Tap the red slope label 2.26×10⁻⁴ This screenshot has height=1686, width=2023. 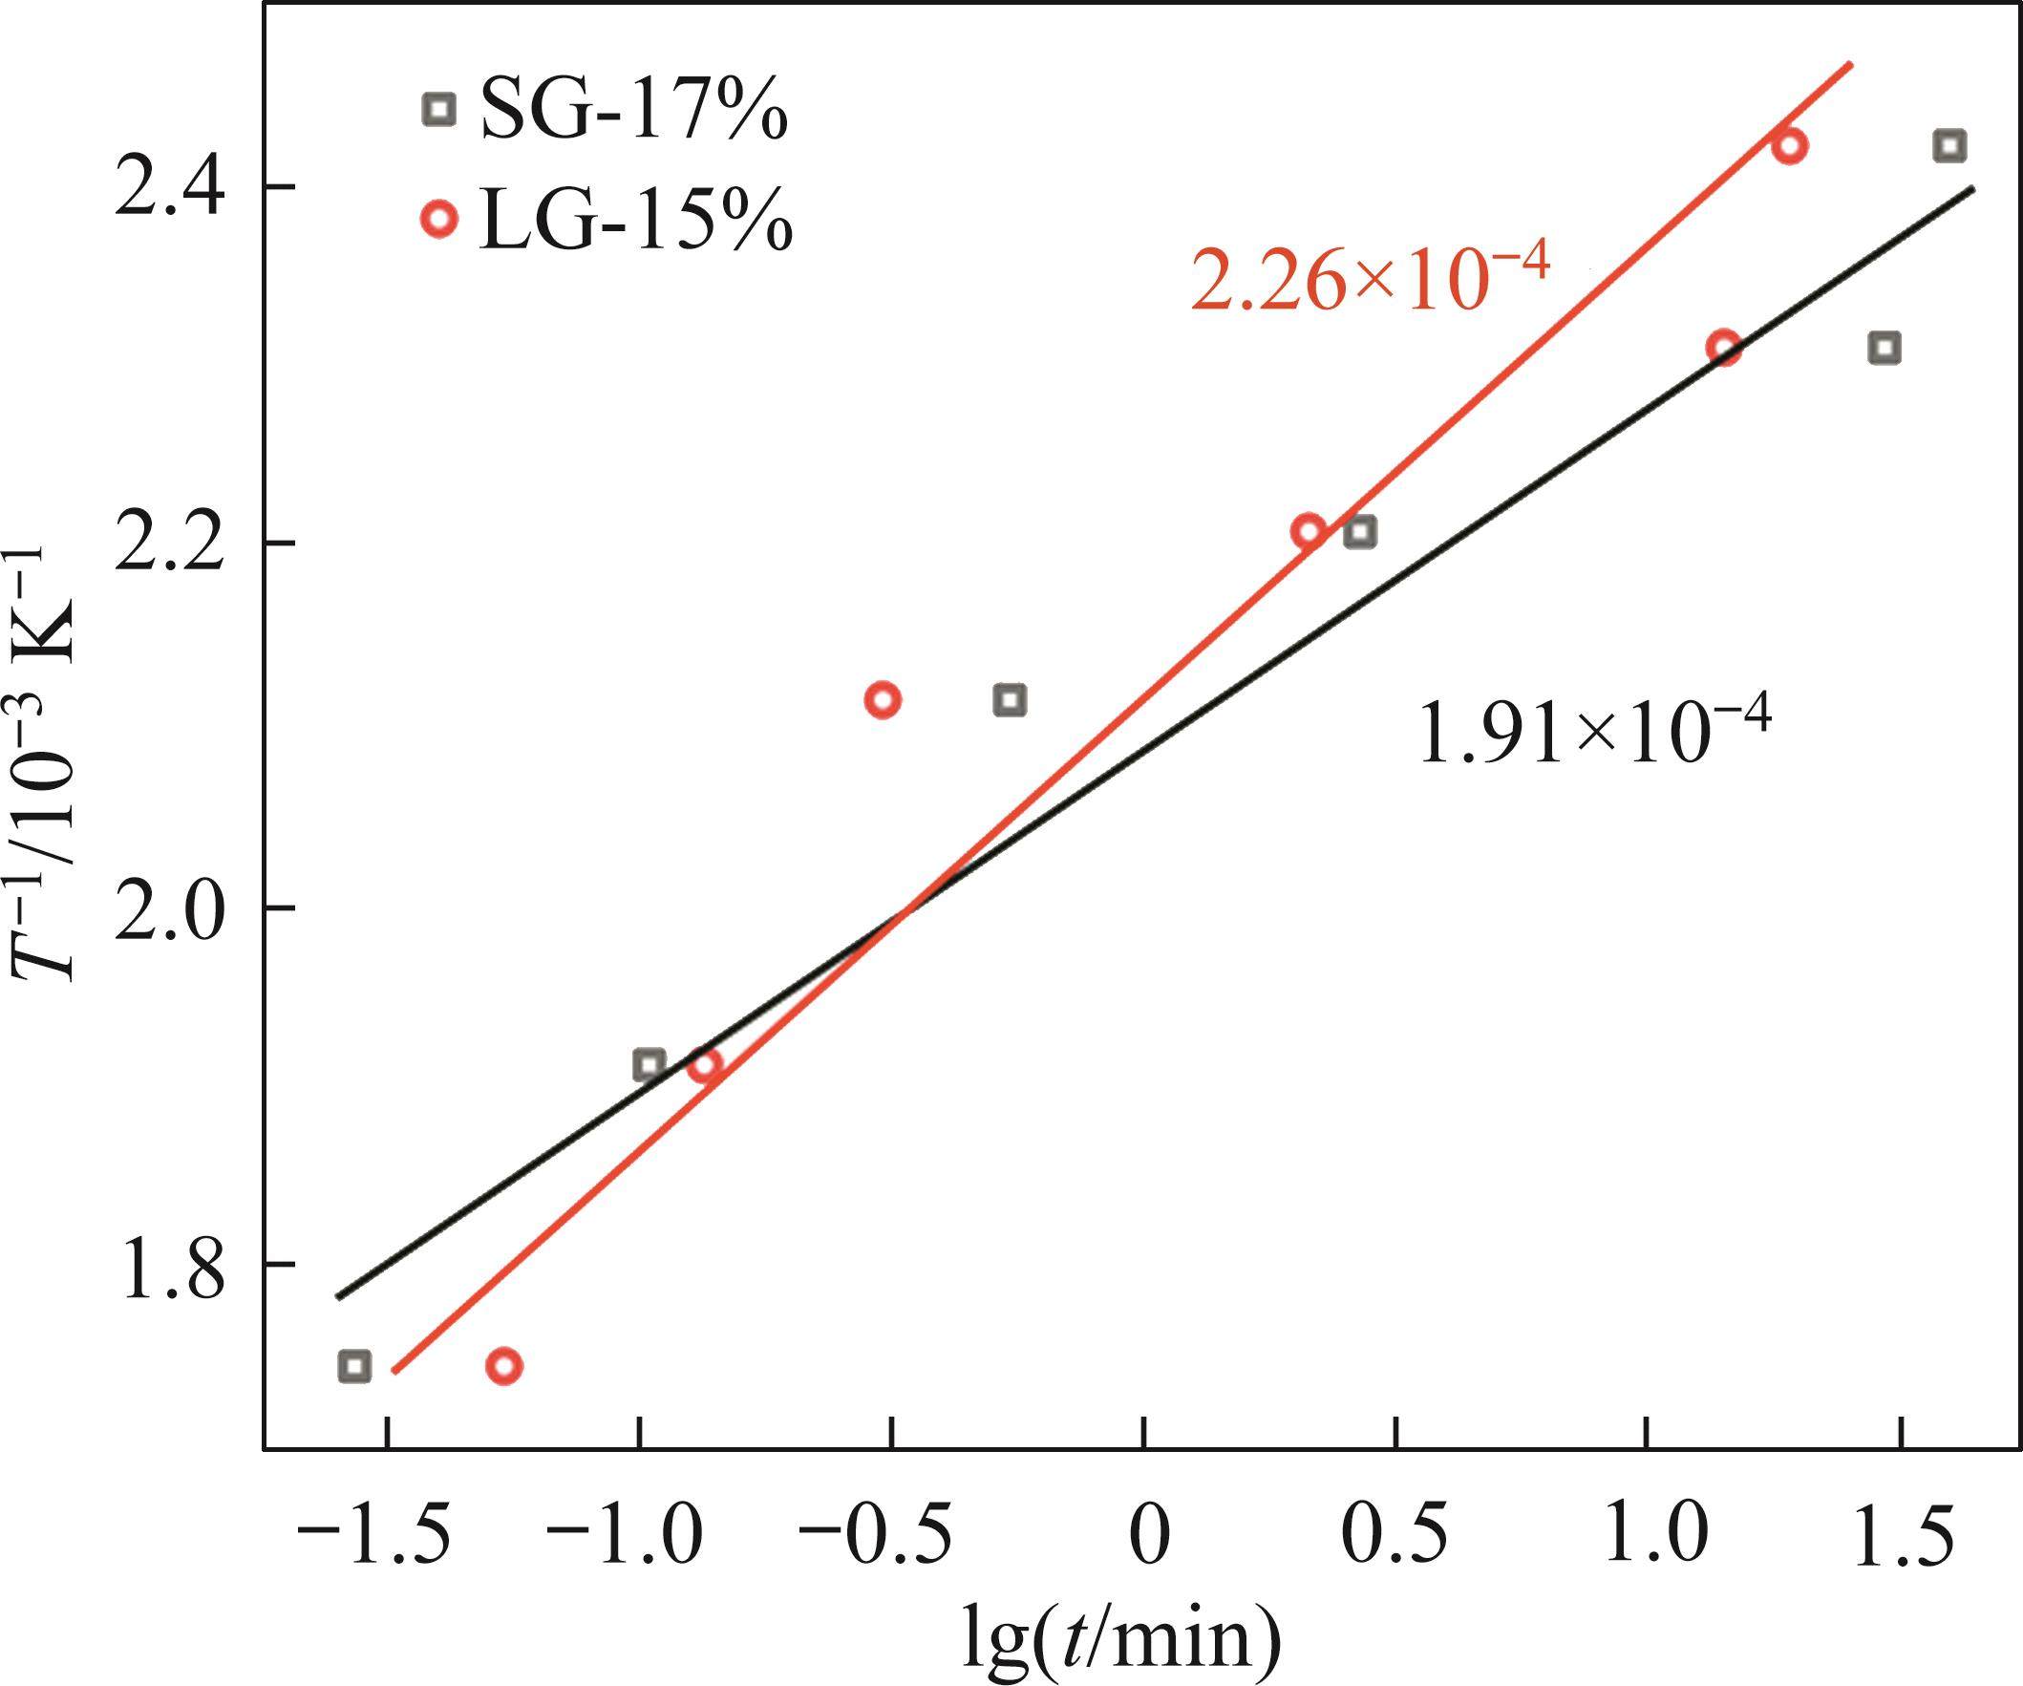tap(1370, 279)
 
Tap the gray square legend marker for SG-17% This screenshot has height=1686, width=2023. tap(439, 109)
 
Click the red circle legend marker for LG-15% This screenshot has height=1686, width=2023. tap(439, 220)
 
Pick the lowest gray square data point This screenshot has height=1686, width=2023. tap(354, 1365)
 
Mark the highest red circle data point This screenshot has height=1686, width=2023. tap(1790, 146)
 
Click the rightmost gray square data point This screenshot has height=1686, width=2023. tap(1949, 146)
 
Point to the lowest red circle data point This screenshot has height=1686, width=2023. tap(503, 1365)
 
